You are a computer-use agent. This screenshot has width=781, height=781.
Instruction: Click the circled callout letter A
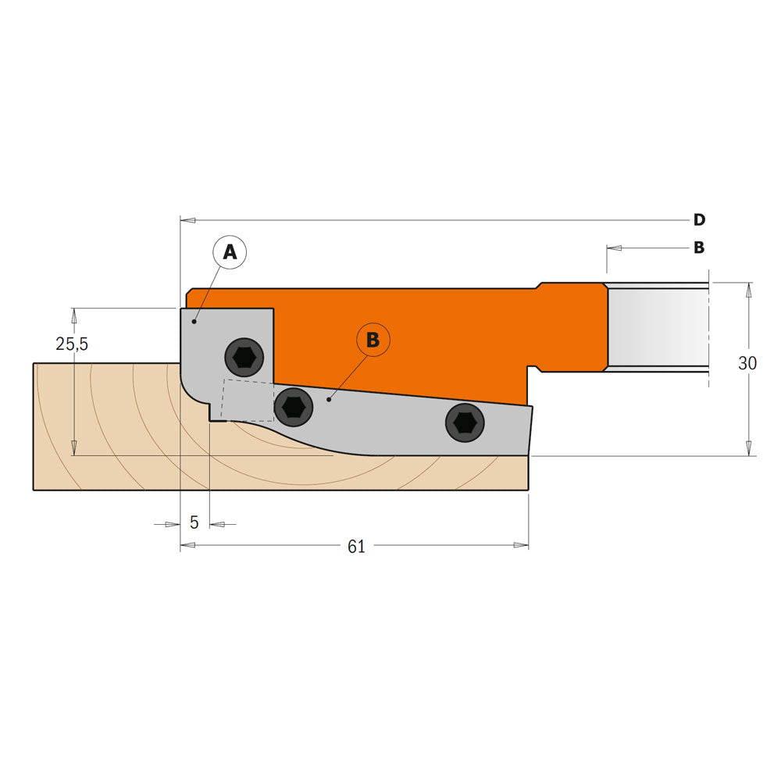(x=230, y=251)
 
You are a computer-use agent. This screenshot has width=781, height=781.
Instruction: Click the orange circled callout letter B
(x=373, y=340)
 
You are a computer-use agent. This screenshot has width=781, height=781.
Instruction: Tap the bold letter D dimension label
(x=699, y=219)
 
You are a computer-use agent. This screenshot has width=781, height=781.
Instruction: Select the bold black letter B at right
(x=699, y=248)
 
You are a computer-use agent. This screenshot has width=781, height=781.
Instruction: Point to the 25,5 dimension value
(x=71, y=344)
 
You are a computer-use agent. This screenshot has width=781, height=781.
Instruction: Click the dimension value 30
(x=747, y=363)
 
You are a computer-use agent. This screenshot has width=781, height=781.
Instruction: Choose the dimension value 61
(x=356, y=547)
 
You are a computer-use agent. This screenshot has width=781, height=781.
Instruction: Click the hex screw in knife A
(x=244, y=358)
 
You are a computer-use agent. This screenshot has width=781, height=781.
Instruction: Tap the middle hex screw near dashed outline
(x=293, y=406)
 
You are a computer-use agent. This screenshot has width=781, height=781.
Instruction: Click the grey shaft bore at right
(x=658, y=327)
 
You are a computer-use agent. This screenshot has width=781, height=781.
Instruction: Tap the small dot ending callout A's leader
(x=194, y=321)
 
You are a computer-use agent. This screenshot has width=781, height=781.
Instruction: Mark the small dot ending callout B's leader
(x=329, y=400)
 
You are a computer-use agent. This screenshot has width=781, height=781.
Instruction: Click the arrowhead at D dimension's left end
(x=187, y=220)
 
